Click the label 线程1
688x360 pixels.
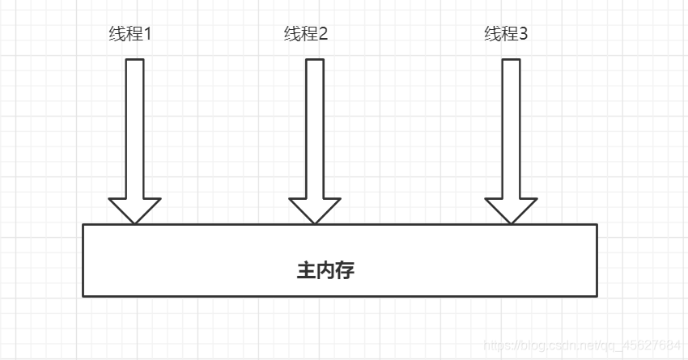[130, 34]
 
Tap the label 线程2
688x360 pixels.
[306, 34]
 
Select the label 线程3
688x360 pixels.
[507, 34]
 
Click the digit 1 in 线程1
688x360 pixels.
[147, 34]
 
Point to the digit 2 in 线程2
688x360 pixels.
[323, 34]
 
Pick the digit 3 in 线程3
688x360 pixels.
[524, 34]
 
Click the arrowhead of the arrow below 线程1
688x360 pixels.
[135, 210]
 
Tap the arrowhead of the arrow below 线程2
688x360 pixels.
[315, 210]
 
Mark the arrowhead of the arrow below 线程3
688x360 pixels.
[511, 210]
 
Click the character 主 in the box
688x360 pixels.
[306, 270]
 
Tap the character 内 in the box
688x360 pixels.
[325, 270]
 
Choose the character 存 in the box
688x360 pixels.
[345, 270]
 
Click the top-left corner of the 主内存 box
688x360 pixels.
[83, 224]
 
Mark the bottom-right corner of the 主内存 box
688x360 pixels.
[597, 296]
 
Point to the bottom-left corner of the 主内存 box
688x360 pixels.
[83, 296]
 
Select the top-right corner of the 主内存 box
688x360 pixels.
[597, 224]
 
